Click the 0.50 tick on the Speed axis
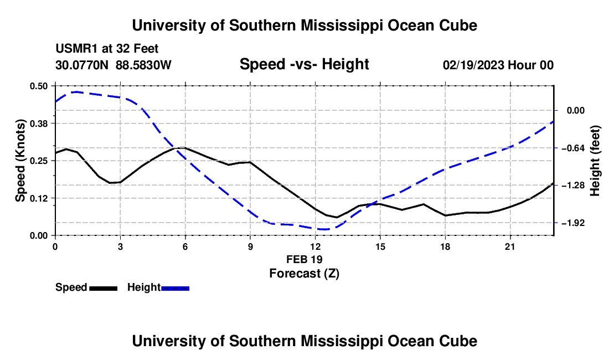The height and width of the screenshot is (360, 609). [x=39, y=86]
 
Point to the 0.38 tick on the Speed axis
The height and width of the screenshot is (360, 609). [x=39, y=124]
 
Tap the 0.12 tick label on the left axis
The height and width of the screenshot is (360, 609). [x=39, y=198]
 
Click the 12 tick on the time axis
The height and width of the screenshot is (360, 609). [x=316, y=246]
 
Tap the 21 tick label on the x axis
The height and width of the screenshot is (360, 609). [x=510, y=246]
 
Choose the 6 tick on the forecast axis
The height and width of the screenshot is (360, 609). [x=185, y=246]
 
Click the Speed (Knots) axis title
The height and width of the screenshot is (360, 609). [x=20, y=161]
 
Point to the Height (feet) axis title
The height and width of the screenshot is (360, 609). [x=595, y=161]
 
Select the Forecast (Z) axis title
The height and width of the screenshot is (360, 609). [x=304, y=274]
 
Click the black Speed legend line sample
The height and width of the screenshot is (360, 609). [x=104, y=288]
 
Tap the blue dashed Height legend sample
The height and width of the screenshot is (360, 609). [x=175, y=288]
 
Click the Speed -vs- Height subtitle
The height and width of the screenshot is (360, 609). [x=304, y=64]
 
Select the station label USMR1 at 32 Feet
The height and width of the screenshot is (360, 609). [x=107, y=49]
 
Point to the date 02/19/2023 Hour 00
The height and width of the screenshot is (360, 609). [x=498, y=65]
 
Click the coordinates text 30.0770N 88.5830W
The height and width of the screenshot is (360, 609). [x=113, y=65]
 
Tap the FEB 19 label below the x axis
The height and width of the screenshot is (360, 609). [x=304, y=259]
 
